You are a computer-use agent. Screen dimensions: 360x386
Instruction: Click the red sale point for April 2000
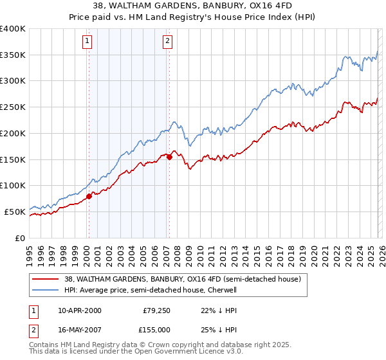89,197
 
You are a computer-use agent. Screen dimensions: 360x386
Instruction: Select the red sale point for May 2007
169,157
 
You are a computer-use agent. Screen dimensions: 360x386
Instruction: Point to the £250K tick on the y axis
13,107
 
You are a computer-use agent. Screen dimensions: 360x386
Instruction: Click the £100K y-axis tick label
13,185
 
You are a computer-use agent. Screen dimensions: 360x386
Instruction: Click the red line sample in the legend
46,279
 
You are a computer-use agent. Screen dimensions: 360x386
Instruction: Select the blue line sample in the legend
46,290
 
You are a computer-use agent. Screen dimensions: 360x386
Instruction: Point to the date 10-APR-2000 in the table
80,310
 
